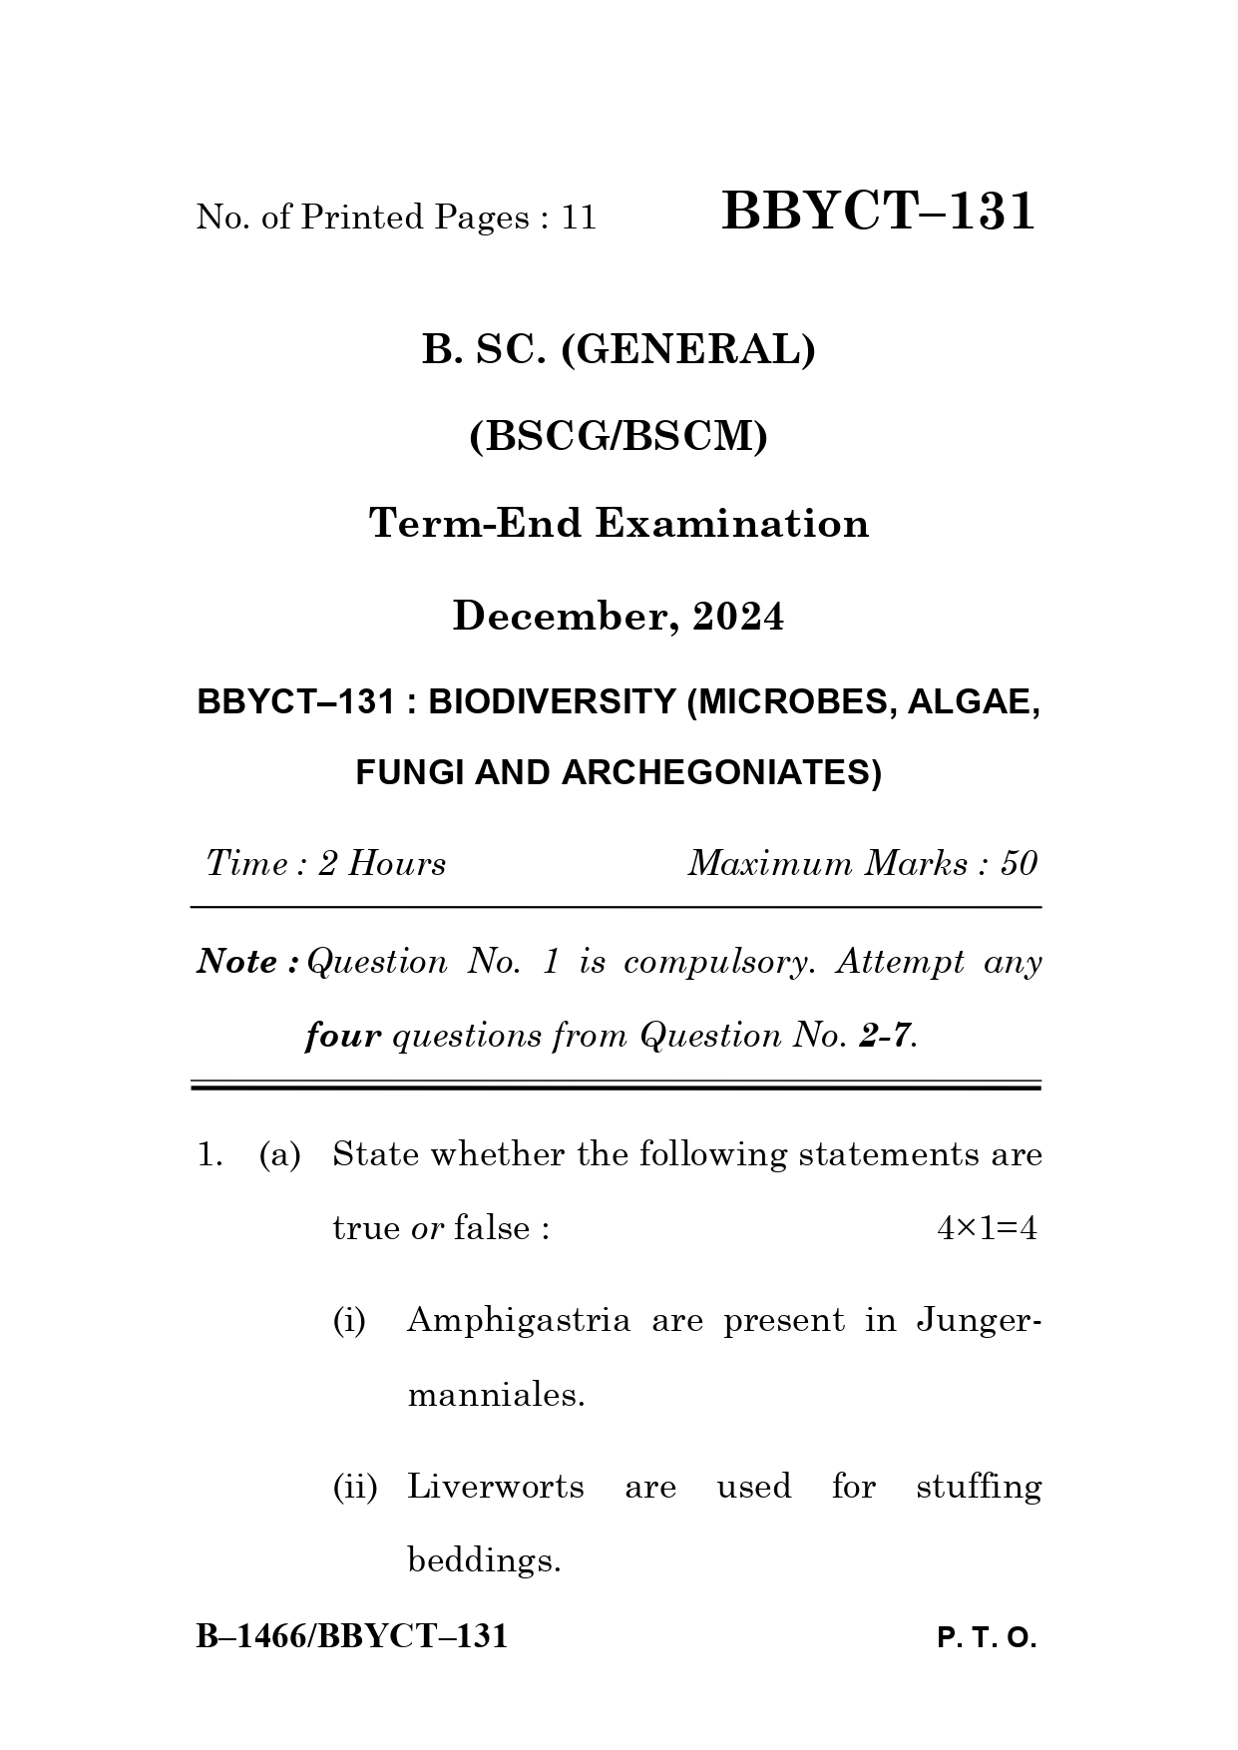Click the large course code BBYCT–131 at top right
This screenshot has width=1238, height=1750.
(x=878, y=212)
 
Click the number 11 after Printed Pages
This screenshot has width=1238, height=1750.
(x=579, y=218)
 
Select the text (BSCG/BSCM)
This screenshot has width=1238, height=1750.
(x=619, y=436)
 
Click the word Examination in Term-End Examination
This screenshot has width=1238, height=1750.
(x=732, y=523)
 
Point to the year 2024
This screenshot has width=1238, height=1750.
(x=738, y=617)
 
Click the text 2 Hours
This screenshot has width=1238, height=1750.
(x=382, y=863)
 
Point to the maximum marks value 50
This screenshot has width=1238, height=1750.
(x=1019, y=863)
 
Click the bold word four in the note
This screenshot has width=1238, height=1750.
(x=342, y=1036)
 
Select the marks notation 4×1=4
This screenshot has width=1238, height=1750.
(x=987, y=1228)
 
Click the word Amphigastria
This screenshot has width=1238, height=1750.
(x=519, y=1321)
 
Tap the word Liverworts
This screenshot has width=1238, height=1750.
(x=496, y=1487)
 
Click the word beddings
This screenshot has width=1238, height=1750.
(x=484, y=1559)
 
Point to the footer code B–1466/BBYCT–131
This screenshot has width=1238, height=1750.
(x=352, y=1636)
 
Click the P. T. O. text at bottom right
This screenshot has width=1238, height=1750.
(x=987, y=1638)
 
